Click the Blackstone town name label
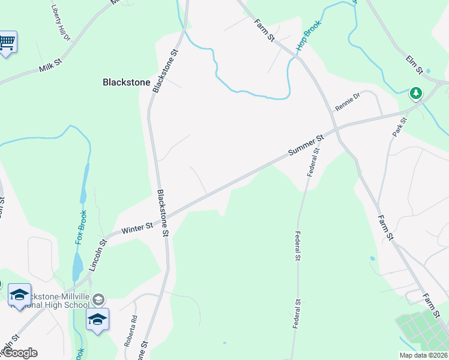coord(126,82)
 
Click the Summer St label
coord(306,146)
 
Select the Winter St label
coord(137,226)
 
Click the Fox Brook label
coord(81,226)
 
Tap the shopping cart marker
coord(7,42)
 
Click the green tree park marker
coord(415,93)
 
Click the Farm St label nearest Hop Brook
coord(264,29)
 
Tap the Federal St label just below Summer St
coord(313,161)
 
